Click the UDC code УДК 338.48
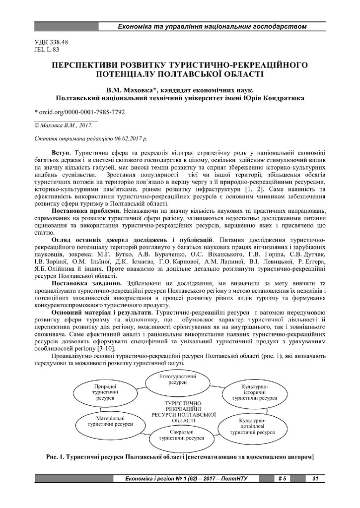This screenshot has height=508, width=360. [x=51, y=42]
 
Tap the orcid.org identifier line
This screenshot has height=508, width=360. [x=79, y=112]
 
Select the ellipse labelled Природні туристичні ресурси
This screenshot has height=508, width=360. [x=104, y=392]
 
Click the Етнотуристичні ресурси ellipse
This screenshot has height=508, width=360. [x=173, y=381]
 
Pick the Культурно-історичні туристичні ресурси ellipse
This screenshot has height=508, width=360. [x=255, y=392]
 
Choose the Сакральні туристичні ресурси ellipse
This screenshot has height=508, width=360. [x=182, y=436]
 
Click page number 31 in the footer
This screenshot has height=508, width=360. [x=315, y=479]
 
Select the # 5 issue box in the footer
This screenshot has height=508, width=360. [x=282, y=479]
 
